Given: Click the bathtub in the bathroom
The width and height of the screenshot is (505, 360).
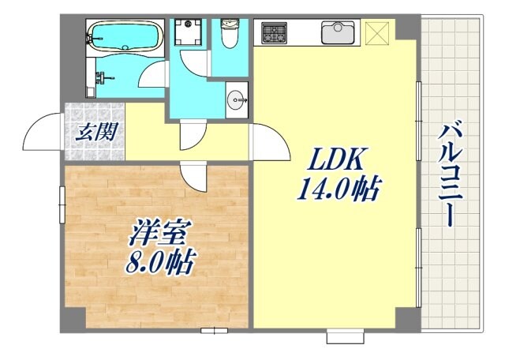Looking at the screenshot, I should click(125, 35).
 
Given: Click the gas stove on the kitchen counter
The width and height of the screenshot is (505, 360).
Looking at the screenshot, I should click(275, 33).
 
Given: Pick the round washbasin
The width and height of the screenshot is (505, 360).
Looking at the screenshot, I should click(236, 99).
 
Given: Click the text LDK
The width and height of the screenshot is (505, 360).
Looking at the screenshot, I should click(332, 163).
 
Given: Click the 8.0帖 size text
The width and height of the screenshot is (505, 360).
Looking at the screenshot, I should click(159, 262).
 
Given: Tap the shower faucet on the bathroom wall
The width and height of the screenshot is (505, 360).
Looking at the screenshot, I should click(102, 78).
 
